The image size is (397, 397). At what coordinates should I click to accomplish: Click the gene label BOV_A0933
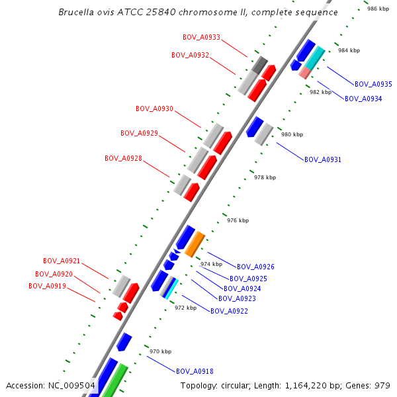click(x=201, y=37)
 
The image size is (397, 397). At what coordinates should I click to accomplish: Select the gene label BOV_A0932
click(x=190, y=55)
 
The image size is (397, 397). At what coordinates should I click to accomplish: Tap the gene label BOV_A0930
click(x=154, y=109)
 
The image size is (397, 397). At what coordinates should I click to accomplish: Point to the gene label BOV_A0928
click(x=123, y=158)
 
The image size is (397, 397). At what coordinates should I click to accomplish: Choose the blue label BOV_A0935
click(x=373, y=84)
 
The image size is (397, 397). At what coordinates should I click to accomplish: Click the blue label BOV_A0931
click(x=322, y=159)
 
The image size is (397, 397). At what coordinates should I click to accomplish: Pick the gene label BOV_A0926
click(x=255, y=267)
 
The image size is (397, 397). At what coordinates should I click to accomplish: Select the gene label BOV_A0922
click(x=229, y=311)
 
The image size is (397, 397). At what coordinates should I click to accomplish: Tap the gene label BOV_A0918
click(x=195, y=371)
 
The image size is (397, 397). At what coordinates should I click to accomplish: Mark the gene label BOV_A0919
click(x=47, y=286)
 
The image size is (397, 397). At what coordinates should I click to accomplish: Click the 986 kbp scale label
click(x=378, y=9)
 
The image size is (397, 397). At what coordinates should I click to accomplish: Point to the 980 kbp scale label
click(x=292, y=134)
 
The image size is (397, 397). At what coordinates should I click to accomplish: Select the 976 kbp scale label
click(x=238, y=220)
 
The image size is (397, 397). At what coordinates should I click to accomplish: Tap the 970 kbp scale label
click(x=160, y=351)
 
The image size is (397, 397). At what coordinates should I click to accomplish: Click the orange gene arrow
click(x=195, y=244)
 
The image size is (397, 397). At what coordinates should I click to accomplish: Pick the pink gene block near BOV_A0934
click(x=305, y=72)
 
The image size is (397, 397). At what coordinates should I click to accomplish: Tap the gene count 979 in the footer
click(x=382, y=385)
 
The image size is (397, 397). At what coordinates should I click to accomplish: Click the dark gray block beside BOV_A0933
click(x=259, y=65)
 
